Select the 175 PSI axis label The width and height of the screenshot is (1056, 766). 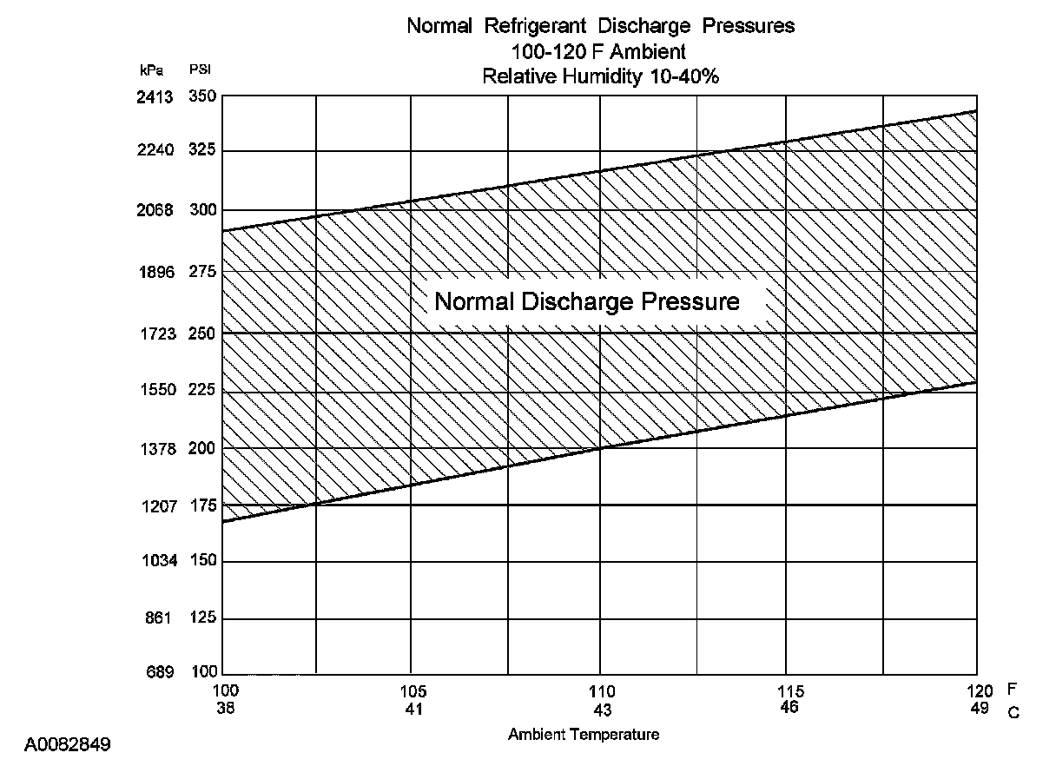[x=201, y=505]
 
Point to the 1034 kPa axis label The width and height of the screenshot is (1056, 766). [x=159, y=561]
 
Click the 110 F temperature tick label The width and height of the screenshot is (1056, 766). [x=601, y=692]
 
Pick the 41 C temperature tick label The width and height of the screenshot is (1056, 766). [x=412, y=709]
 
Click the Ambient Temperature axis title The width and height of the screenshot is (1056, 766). [x=584, y=735]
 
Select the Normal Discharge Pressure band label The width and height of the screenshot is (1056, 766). [x=587, y=302]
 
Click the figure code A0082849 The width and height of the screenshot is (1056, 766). [x=67, y=745]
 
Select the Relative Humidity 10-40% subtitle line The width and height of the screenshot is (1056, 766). [x=600, y=76]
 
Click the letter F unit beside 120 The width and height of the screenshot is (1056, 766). [x=1012, y=688]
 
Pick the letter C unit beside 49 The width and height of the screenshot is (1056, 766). [x=1013, y=712]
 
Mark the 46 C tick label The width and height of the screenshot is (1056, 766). [x=789, y=707]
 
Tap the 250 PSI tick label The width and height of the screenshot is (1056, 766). [x=201, y=333]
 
